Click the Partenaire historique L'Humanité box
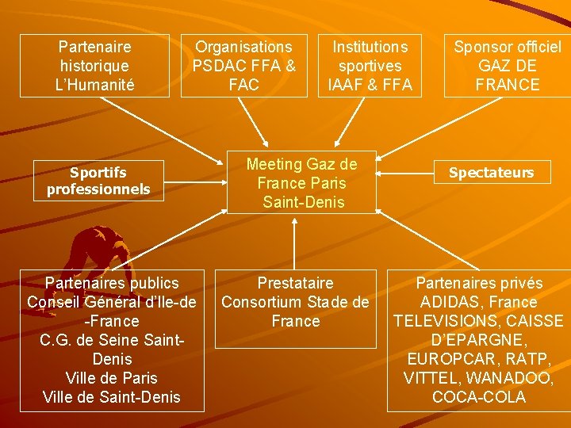coord(95,66)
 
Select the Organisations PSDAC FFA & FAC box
coord(243,66)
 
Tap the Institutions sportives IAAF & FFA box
coord(370,66)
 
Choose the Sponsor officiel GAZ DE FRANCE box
coord(507,66)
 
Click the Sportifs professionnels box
coord(98,181)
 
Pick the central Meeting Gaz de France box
coord(301,183)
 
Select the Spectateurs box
coord(491,172)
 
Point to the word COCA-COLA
coord(479,397)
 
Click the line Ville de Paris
coord(111,378)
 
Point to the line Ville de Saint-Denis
coord(111,397)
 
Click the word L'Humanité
coord(95,85)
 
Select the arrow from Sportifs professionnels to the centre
coord(194,178)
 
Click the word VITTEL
coord(434,378)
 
